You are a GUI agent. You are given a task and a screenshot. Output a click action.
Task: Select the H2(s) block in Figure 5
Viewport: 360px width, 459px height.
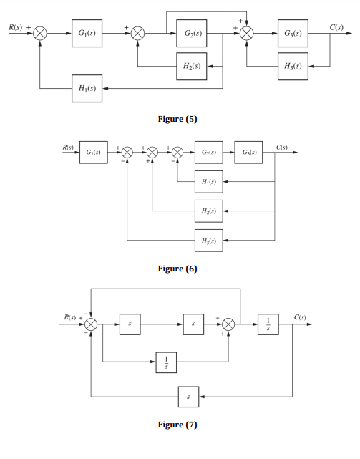point(191,65)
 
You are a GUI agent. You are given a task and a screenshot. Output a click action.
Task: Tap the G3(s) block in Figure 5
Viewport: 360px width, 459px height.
point(293,34)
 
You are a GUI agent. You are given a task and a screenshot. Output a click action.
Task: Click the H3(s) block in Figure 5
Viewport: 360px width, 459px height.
point(293,65)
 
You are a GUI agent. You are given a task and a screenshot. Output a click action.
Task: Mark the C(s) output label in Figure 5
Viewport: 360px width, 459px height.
point(339,26)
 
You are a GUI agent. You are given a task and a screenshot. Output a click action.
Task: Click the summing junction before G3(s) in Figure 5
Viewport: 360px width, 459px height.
point(248,34)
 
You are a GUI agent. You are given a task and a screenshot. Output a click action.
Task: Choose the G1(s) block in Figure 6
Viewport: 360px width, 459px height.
point(94,153)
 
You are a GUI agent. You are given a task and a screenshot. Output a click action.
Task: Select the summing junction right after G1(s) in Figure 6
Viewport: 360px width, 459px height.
point(127,153)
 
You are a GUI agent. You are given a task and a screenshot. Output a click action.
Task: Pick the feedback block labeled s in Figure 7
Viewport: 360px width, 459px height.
point(188,395)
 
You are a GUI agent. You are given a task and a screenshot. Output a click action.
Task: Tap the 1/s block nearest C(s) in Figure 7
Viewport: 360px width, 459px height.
point(268,324)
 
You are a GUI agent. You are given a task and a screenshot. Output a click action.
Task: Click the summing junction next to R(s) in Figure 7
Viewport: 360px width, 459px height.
point(91,324)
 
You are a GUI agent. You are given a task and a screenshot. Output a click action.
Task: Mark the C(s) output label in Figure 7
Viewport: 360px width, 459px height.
point(301,317)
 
